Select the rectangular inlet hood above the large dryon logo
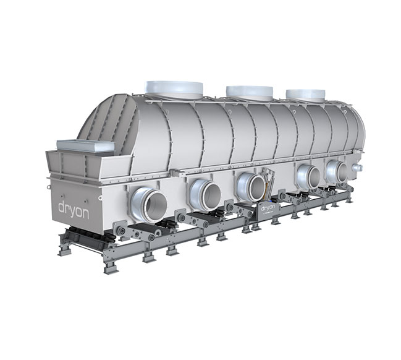click(85, 147)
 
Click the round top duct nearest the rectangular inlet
click(174, 88)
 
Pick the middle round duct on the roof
click(249, 93)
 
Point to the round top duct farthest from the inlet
click(305, 95)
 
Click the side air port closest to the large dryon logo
click(149, 204)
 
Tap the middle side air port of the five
click(250, 186)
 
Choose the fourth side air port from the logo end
click(307, 176)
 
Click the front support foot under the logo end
click(65, 249)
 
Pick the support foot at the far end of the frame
click(350, 199)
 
